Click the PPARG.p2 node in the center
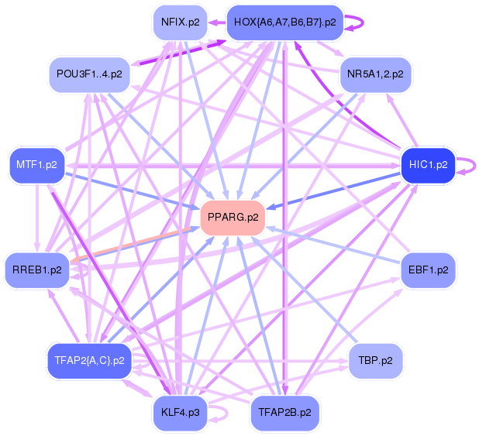233,218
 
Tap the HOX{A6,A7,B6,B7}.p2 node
284,22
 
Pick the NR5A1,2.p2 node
376,75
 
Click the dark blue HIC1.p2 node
427,164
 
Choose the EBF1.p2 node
427,270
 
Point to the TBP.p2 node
375,360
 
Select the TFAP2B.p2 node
284,412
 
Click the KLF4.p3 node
180,412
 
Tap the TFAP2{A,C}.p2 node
89,360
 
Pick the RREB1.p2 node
36,270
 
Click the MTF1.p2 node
36,164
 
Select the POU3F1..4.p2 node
89,75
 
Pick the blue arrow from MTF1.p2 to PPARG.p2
132,190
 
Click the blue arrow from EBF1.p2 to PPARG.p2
333,245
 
